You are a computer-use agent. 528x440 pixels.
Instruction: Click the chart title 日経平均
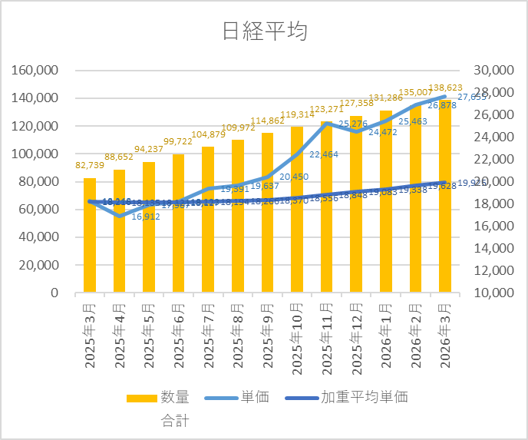264,31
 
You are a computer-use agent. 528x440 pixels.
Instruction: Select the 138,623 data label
447,88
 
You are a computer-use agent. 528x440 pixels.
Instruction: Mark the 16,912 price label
147,217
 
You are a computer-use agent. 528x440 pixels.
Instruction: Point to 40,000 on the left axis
41,237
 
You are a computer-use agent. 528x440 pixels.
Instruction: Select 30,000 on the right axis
491,71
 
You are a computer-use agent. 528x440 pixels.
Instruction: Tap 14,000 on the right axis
491,249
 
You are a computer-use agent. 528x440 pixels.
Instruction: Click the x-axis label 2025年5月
149,335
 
